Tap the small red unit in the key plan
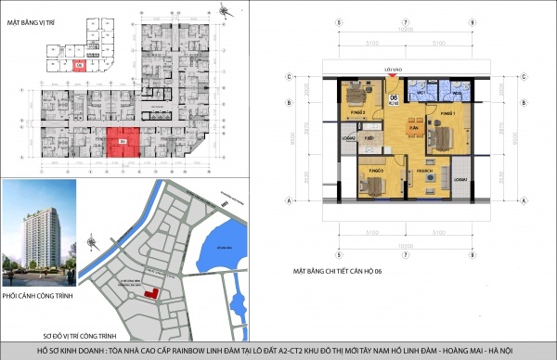point(80,65)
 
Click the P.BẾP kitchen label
point(369,138)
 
